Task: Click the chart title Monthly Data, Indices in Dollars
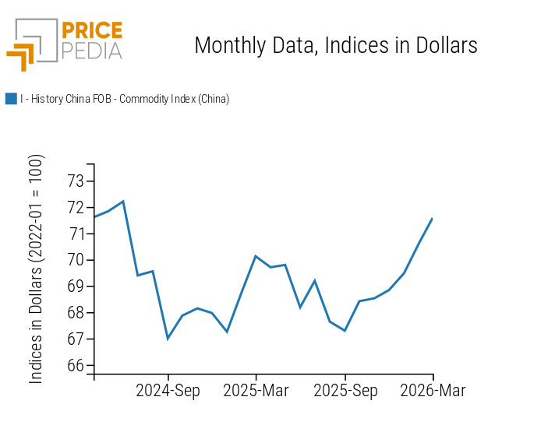click(x=335, y=45)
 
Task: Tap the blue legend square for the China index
click(x=11, y=99)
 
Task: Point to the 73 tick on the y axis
click(x=76, y=181)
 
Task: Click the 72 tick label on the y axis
click(x=76, y=208)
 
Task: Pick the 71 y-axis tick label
click(x=76, y=234)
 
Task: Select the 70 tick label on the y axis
click(x=76, y=260)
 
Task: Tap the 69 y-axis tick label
click(x=76, y=286)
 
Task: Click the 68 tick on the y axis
click(x=76, y=313)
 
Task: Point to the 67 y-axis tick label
click(x=76, y=339)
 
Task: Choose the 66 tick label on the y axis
click(x=76, y=366)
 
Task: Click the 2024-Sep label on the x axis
click(x=168, y=391)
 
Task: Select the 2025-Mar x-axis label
click(x=256, y=391)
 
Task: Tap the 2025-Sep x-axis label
click(x=345, y=391)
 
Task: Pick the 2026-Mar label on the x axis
click(x=433, y=391)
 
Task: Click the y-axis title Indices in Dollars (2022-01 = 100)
click(x=37, y=269)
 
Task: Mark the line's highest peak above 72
click(x=123, y=202)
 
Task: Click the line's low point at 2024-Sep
click(x=168, y=339)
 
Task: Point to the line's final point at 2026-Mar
click(x=433, y=219)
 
